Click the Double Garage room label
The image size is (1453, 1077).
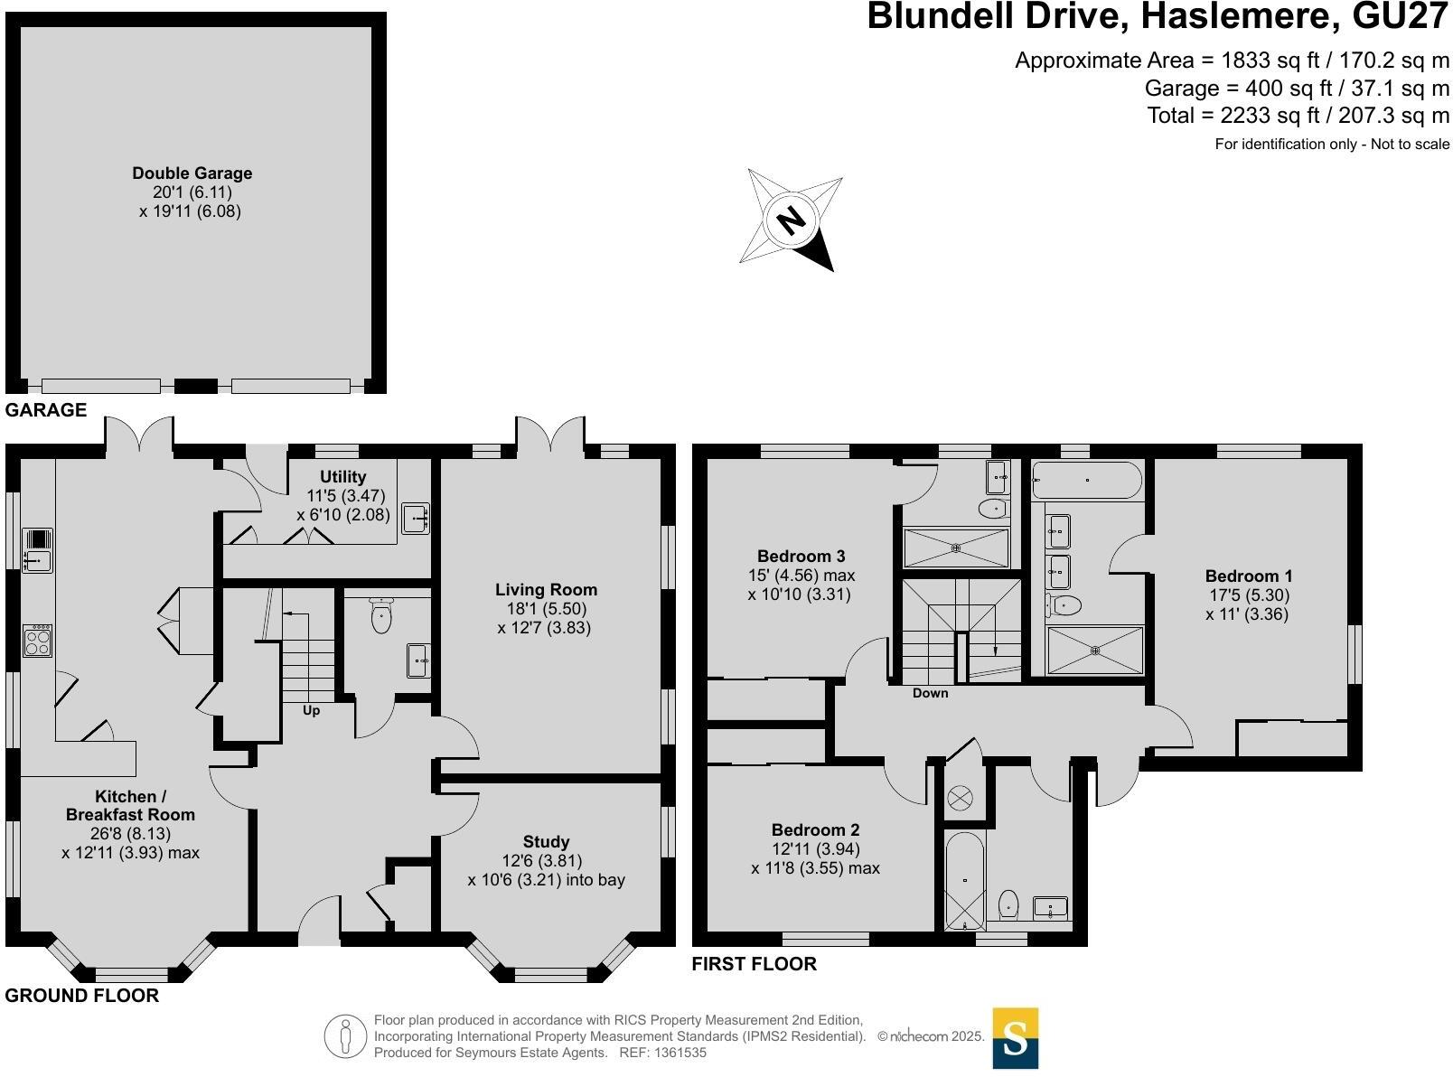tap(192, 173)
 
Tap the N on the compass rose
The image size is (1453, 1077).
tap(791, 220)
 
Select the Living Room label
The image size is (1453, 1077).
tap(546, 590)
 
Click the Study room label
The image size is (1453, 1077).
tap(546, 842)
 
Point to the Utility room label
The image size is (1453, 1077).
tap(343, 477)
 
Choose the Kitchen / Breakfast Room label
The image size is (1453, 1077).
tap(130, 805)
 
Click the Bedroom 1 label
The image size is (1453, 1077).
tap(1249, 576)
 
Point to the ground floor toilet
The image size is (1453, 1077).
tap(381, 616)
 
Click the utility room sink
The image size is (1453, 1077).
tap(415, 519)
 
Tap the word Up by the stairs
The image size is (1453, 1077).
tap(311, 710)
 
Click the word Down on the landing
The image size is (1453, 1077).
tap(930, 693)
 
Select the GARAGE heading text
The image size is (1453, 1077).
tap(46, 410)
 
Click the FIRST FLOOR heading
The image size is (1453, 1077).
tap(754, 964)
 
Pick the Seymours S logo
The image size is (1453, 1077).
tap(1015, 1038)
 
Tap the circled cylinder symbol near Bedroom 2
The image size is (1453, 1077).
tap(959, 798)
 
